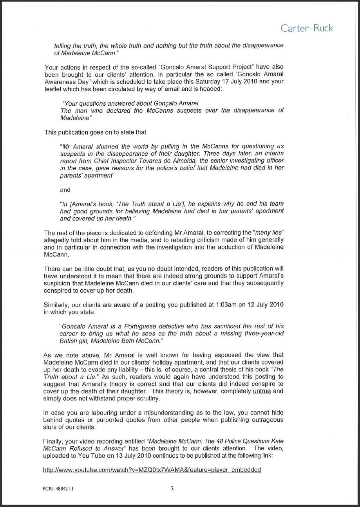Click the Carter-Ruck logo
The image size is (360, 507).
click(307, 28)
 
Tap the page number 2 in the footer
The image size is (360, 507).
click(172, 488)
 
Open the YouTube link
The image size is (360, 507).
click(152, 470)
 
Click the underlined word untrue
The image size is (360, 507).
click(262, 391)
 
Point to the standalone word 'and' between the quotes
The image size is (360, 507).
click(65, 190)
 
